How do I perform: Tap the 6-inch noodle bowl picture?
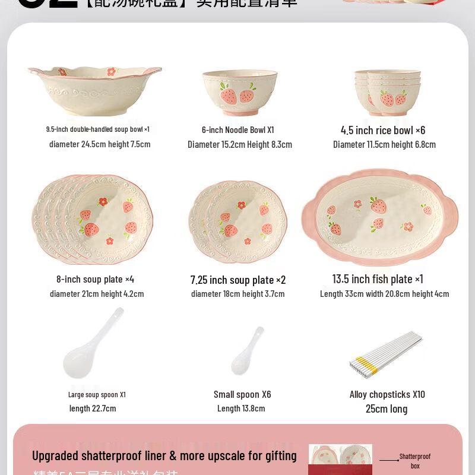coord(239,92)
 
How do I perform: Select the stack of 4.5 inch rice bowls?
coord(387,92)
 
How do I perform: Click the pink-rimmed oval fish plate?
coord(380,217)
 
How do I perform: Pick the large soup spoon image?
coord(92,344)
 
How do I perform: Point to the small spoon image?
coord(247,351)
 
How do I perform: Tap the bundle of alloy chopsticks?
coord(386,354)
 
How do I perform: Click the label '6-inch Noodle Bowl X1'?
coord(237,130)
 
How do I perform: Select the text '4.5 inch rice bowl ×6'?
coord(383,130)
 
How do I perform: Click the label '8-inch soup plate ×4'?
coord(95,279)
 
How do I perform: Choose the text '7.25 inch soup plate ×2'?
coord(238,280)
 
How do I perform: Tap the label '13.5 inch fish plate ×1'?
coord(378,279)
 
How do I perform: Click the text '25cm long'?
coord(387,408)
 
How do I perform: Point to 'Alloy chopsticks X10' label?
coord(387,394)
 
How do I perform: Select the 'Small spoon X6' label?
coord(242,394)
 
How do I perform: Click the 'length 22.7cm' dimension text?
coord(93,408)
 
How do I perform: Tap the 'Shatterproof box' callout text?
coord(415,461)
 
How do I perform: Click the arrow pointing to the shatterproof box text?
coord(389,460)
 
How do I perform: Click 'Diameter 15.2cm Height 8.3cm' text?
coord(240,144)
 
